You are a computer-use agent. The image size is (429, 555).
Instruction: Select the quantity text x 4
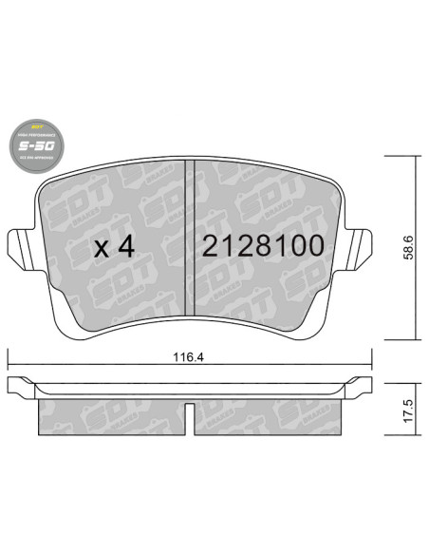click(x=116, y=247)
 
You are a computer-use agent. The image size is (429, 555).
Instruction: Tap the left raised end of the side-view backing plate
click(x=21, y=385)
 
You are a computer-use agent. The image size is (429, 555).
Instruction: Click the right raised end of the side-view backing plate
click(x=361, y=385)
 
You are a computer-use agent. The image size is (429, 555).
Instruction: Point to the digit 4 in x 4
click(x=127, y=247)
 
